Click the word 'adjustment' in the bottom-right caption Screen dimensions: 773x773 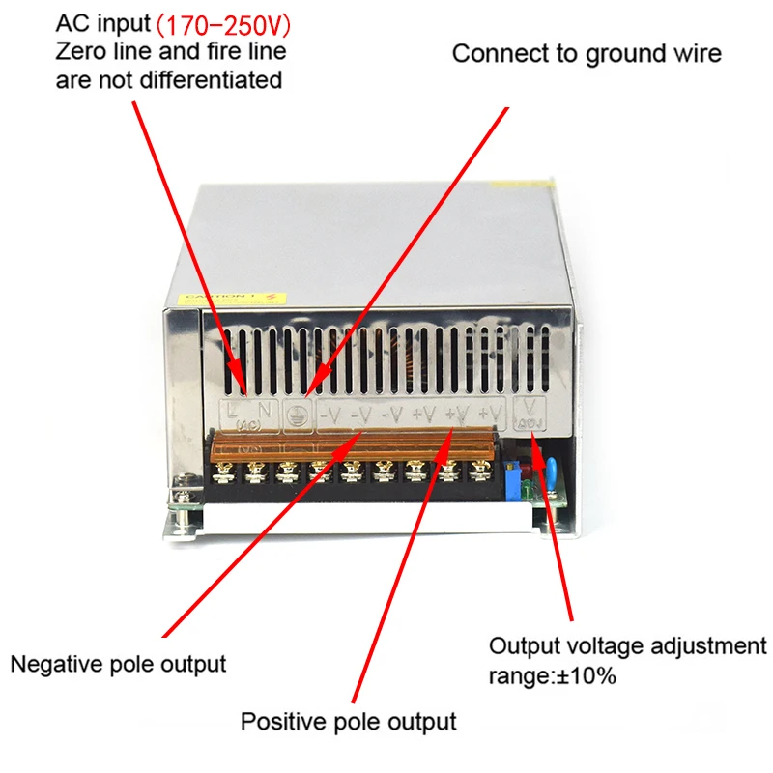click(x=710, y=645)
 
